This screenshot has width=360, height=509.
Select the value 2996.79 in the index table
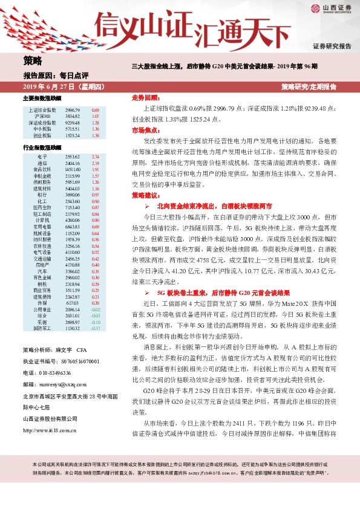(x=73, y=110)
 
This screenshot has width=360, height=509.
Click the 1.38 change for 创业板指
(x=95, y=135)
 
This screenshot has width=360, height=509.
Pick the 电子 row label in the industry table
(x=41, y=157)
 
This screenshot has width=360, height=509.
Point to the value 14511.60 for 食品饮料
(x=72, y=170)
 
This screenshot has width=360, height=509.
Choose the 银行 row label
(x=41, y=195)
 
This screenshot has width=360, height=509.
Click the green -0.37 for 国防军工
(x=95, y=328)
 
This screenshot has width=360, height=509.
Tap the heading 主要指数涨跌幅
(x=42, y=98)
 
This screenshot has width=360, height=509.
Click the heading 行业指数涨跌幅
(x=42, y=147)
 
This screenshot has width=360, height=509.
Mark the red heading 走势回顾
(x=145, y=97)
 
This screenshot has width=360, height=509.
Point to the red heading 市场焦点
(x=145, y=129)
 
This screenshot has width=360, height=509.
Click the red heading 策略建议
(x=145, y=195)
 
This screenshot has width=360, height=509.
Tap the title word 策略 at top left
(x=33, y=60)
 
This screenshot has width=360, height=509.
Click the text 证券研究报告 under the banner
(x=332, y=47)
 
